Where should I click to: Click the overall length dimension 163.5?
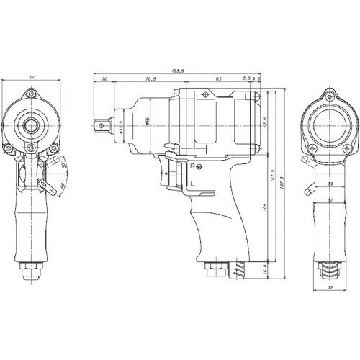tap(176, 71)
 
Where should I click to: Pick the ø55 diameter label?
tap(146, 122)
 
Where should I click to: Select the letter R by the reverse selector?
tap(193, 167)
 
